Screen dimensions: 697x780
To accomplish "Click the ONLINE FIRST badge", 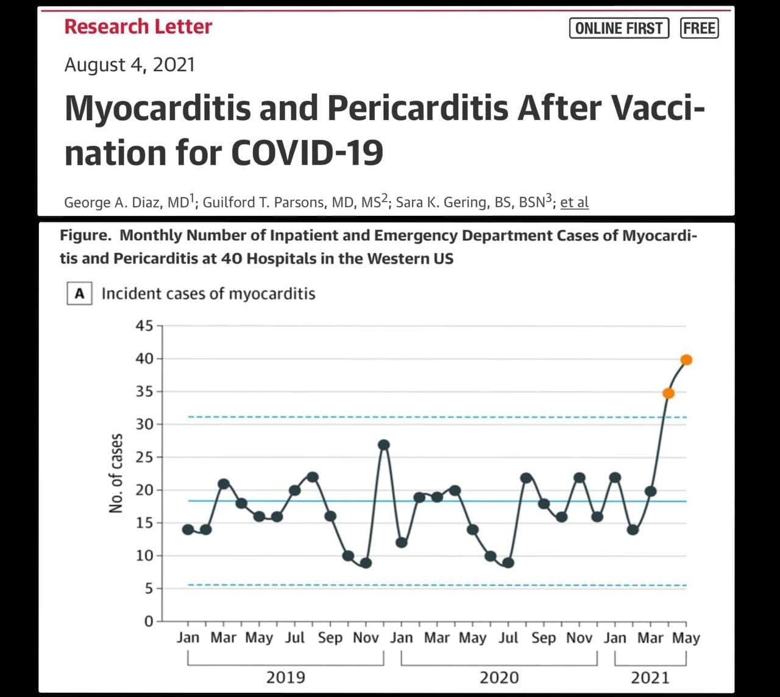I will [619, 28].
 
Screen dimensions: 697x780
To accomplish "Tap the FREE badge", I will [699, 28].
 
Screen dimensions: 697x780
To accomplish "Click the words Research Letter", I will [138, 27].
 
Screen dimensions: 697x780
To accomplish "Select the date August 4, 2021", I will [130, 65].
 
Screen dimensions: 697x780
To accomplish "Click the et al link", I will [574, 202].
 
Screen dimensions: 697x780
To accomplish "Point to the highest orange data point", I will [686, 360].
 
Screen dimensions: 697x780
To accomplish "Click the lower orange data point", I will [668, 393].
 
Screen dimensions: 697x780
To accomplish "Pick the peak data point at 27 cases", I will [384, 445].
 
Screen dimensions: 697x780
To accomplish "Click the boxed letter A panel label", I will [79, 293].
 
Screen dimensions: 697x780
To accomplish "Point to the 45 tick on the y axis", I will [144, 326].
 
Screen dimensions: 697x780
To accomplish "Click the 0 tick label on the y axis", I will [149, 621].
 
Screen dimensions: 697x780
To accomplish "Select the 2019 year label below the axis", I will [286, 677].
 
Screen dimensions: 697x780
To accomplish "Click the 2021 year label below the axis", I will [650, 677].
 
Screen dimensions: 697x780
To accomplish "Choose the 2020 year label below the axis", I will [499, 677].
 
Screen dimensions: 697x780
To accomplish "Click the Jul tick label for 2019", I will [295, 638].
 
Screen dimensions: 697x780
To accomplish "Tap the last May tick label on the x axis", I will [686, 638].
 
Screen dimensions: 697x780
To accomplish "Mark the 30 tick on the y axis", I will [144, 424].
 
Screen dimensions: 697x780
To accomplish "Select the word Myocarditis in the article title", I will [157, 108].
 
